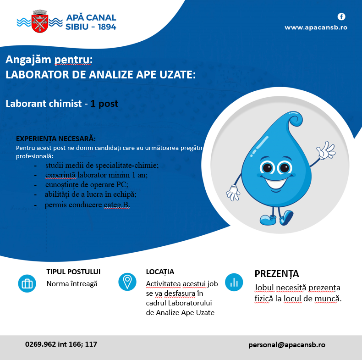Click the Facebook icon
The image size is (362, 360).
(341, 17)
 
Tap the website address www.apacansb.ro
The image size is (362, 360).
(316, 28)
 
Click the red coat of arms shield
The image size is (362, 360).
(39, 22)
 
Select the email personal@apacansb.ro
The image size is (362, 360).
(287, 344)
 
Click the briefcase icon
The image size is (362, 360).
(27, 283)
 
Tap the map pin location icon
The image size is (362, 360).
(127, 282)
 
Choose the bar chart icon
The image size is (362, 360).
(234, 282)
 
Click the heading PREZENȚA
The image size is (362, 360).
(277, 274)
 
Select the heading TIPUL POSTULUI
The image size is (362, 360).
(73, 271)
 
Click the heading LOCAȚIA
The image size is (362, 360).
(160, 272)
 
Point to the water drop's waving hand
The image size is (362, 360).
(326, 151)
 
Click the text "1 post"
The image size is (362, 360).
(104, 104)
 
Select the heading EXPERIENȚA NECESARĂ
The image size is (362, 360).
(56, 138)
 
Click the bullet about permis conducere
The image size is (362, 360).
(87, 205)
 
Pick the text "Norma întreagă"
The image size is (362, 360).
(72, 283)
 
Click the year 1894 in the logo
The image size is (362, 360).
(104, 27)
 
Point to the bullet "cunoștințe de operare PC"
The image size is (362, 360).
(87, 184)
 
